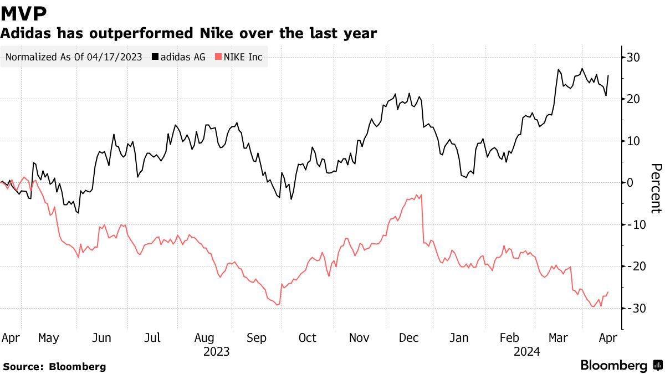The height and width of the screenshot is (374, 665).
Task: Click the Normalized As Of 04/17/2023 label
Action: click(73, 57)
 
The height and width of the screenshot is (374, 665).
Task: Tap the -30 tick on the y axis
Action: click(632, 308)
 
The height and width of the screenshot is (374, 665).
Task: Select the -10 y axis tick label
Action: click(632, 224)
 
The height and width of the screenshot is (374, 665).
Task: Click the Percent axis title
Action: click(656, 188)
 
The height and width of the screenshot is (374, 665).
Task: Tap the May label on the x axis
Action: click(49, 338)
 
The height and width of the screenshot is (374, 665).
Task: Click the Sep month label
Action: click(255, 338)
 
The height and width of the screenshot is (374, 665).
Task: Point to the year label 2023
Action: click(217, 351)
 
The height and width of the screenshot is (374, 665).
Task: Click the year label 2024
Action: click(526, 351)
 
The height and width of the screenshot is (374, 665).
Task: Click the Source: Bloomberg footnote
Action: click(54, 367)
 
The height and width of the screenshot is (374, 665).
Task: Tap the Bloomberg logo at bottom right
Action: click(621, 366)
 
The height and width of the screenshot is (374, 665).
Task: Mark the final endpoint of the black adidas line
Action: click(608, 76)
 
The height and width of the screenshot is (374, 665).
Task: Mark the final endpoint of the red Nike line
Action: click(608, 292)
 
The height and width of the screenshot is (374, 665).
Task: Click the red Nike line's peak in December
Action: click(422, 194)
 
